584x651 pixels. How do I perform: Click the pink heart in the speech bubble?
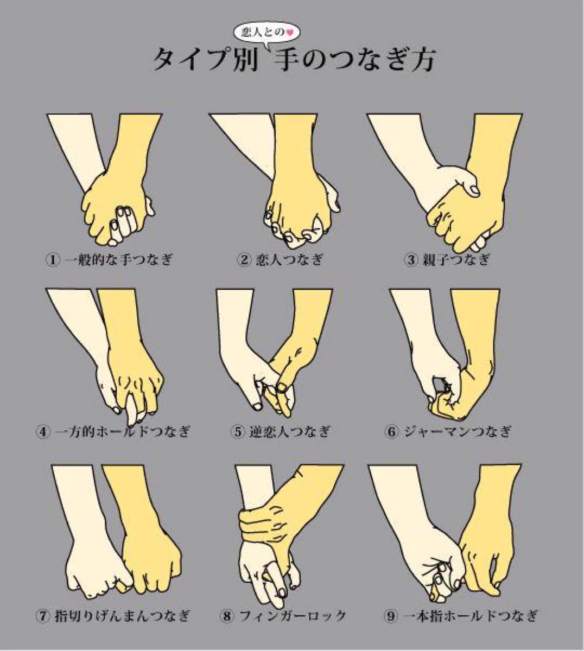point(290,32)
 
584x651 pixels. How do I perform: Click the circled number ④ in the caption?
point(43,431)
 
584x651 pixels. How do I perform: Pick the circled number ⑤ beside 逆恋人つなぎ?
point(238,431)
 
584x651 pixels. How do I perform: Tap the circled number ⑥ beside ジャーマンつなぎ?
point(392,431)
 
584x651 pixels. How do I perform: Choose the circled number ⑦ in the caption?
point(43,616)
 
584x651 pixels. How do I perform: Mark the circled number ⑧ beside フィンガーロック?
point(227,616)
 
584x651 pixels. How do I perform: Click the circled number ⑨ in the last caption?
point(391,616)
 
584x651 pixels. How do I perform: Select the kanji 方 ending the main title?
point(420,60)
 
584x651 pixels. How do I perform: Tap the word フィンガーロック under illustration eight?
point(293,616)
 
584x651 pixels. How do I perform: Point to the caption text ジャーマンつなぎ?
point(457,431)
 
